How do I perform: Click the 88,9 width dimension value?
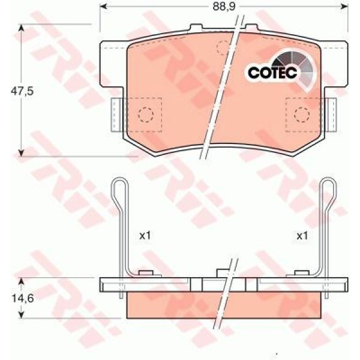pos(224,7)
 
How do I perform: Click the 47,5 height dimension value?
pos(22,91)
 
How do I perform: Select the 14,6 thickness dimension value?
pos(22,298)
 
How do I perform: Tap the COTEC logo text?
pos(272,73)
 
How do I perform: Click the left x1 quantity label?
pos(145,236)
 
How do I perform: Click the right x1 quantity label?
pos(302,236)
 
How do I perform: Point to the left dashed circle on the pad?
pos(146,115)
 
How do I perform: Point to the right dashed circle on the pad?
pos(302,115)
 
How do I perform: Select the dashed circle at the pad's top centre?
pos(224,48)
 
